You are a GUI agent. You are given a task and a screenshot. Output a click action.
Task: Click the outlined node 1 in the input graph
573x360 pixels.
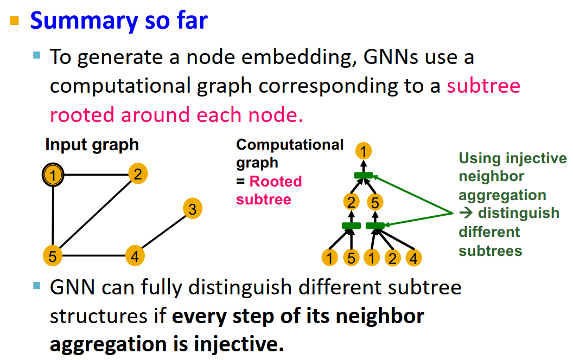53,175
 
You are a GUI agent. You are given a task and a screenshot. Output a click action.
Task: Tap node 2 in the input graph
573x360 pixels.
138,174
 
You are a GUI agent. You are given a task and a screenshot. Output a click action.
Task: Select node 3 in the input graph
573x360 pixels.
192,209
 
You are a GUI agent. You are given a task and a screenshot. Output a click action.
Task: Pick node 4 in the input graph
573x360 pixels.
135,255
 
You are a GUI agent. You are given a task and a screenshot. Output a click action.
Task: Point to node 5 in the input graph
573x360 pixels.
52,255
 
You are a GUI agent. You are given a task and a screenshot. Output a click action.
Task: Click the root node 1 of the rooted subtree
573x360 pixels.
364,151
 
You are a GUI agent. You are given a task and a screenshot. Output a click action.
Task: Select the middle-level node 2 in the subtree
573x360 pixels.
352,203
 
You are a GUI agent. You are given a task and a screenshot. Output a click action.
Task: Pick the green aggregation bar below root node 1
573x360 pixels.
364,175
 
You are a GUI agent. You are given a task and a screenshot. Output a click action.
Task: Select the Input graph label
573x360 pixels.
92,145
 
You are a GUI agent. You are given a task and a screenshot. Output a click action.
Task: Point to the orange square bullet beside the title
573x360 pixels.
15,22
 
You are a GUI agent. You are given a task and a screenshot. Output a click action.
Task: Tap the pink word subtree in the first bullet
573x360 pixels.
483,86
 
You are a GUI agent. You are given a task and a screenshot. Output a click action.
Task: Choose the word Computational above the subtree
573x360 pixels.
290,145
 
